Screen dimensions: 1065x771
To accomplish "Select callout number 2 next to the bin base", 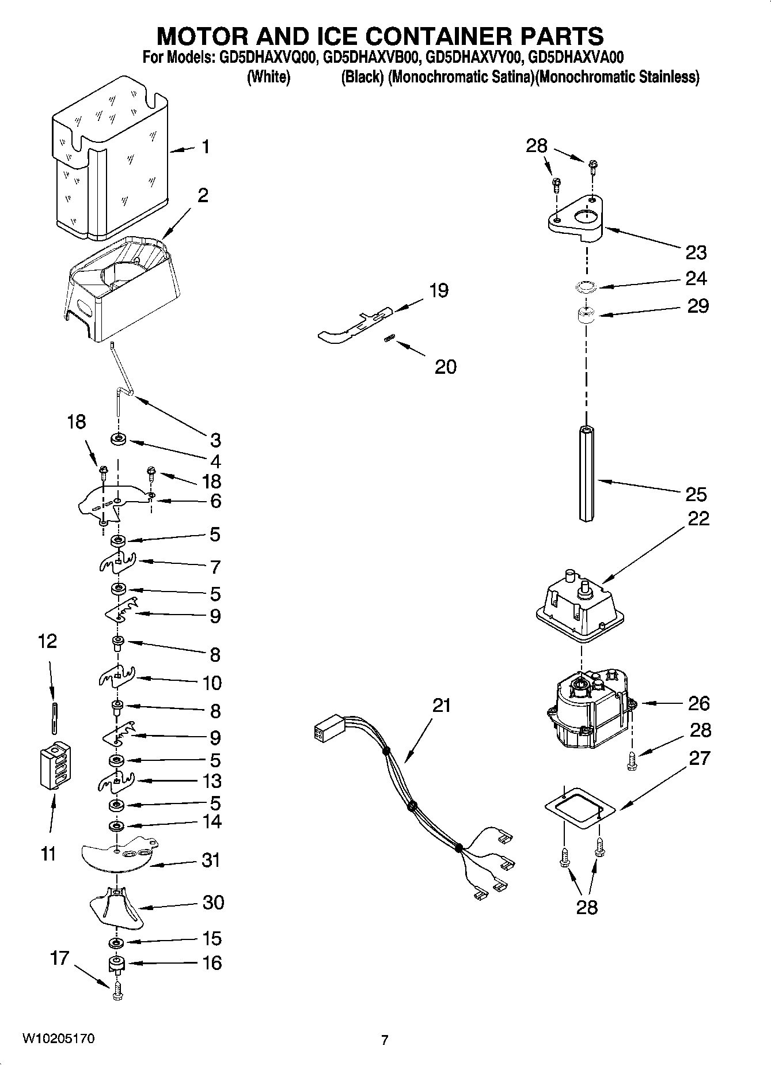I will pos(203,195).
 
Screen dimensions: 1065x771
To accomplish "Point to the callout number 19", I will pos(439,290).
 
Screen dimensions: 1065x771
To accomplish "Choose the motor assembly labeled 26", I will pos(587,711).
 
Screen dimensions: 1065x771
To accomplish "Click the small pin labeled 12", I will pos(54,718).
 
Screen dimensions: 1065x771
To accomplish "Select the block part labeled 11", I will pos(55,767).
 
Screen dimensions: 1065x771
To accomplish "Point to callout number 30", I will pos(213,902).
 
